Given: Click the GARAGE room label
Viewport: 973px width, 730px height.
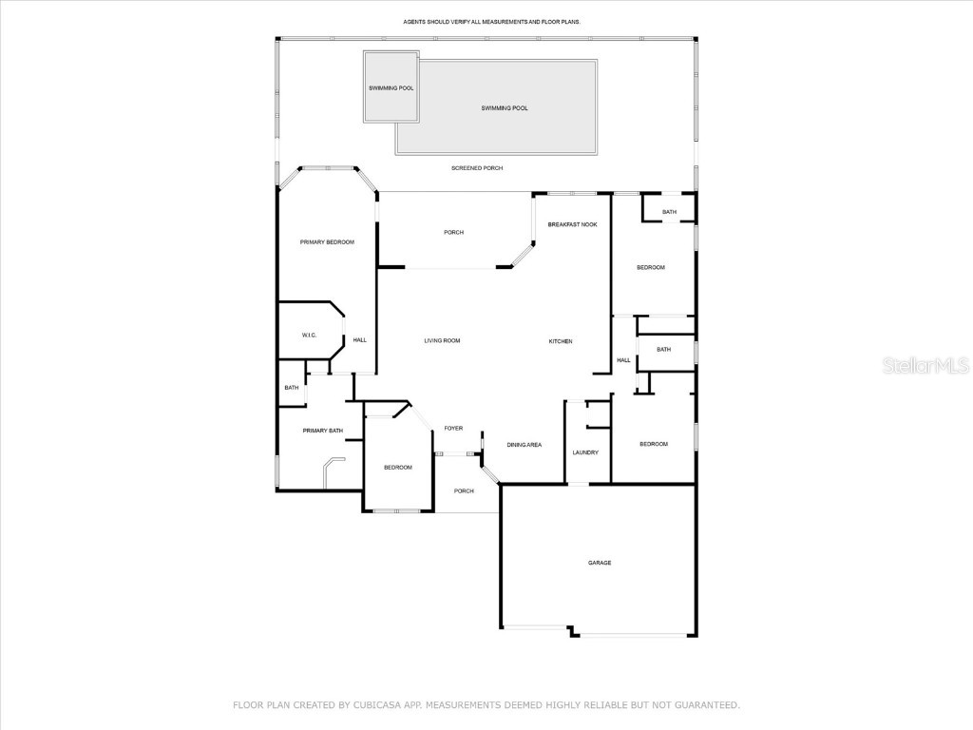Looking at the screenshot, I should [599, 563].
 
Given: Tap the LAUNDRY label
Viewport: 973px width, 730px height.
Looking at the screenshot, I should [585, 452].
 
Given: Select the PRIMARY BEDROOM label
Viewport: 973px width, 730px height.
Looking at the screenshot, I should [327, 242].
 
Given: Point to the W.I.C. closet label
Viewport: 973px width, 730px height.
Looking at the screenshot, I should [309, 335].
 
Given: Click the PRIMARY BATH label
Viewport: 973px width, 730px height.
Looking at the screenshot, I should [322, 431].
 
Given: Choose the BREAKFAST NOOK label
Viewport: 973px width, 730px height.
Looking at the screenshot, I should [572, 224].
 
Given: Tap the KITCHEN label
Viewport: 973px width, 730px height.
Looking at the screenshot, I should [561, 341].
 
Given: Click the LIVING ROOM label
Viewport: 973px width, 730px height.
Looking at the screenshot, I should [442, 340].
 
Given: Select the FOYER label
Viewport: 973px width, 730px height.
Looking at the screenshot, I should [453, 429].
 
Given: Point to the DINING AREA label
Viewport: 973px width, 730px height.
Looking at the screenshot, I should [524, 445].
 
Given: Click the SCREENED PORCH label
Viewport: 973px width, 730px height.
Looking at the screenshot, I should [477, 168].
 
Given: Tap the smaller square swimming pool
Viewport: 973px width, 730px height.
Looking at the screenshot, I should [391, 87].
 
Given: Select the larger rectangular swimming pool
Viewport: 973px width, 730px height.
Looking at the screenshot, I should [504, 108].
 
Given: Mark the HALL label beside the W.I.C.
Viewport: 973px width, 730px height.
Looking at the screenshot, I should [360, 340].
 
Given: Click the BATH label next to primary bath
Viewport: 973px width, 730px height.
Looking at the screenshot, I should [291, 388].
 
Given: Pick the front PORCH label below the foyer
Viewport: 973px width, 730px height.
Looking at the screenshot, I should [464, 491].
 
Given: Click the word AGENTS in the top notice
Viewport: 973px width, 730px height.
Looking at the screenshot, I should [417, 21].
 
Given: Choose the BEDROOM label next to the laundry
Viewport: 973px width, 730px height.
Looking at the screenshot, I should [653, 444].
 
